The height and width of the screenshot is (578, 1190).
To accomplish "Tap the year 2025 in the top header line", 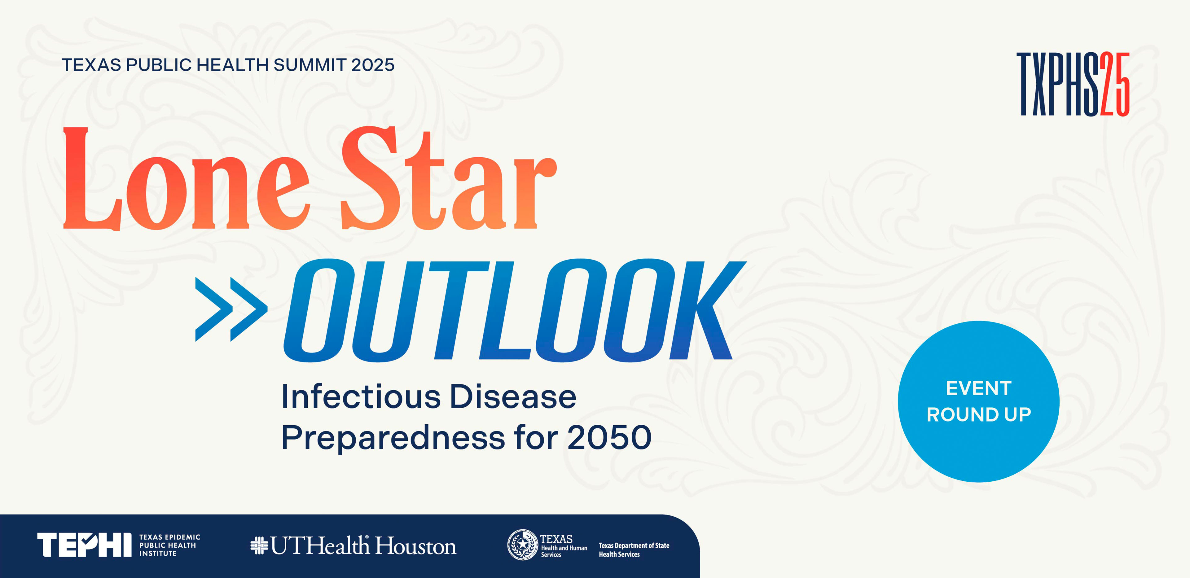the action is [x=373, y=65].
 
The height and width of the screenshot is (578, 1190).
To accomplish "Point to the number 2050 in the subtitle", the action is [x=609, y=438].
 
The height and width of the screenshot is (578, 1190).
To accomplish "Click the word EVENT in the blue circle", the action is [x=978, y=388].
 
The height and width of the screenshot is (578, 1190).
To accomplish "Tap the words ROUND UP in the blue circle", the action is [x=978, y=414].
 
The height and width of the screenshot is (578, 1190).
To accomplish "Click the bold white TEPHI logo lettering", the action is [x=84, y=545].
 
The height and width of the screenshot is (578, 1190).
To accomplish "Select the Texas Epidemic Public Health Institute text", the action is [x=169, y=545].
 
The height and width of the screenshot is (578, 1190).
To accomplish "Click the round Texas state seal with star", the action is [x=522, y=545].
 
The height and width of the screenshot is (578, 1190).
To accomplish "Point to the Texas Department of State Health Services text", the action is [x=634, y=550].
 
